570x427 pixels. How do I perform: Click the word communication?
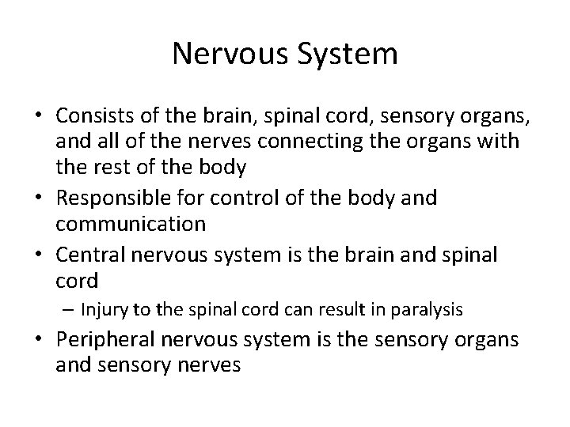[x=131, y=225]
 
